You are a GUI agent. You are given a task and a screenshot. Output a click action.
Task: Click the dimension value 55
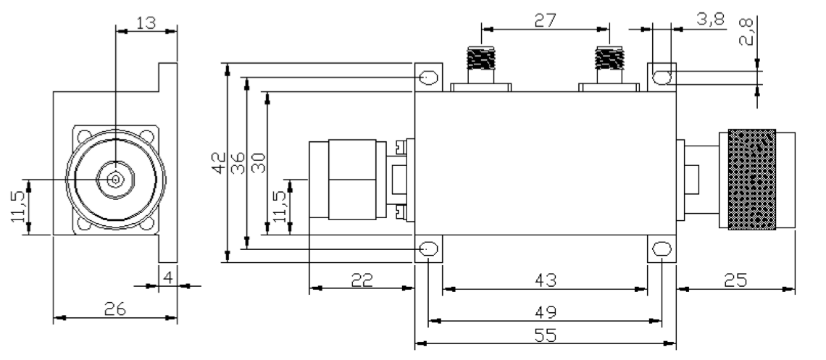pos(545,335)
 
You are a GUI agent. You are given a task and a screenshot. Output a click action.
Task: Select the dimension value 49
pos(545,313)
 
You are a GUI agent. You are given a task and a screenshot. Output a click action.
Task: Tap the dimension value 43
pos(545,280)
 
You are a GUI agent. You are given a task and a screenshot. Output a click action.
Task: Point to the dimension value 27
pos(545,20)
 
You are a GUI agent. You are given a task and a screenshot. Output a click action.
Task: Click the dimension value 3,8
pos(711,20)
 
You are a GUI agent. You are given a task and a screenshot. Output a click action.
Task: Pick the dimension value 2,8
pos(747,32)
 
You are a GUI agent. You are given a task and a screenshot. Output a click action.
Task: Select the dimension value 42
pos(220,163)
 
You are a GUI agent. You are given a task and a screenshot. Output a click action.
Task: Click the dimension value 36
pos(238,163)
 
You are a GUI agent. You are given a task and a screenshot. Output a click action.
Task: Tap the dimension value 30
pos(258,163)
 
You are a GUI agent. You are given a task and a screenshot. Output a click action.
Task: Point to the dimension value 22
pos(362,280)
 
